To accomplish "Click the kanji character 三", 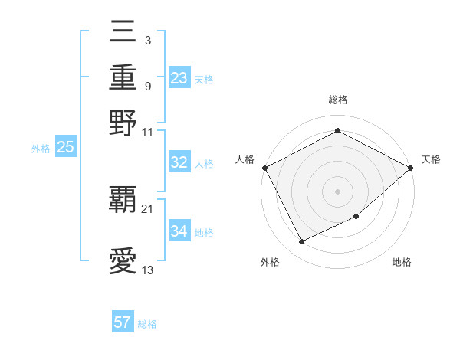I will (x=123, y=34).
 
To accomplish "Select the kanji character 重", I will (x=123, y=77).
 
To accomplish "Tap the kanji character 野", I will (x=123, y=121).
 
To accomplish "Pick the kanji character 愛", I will (x=123, y=260).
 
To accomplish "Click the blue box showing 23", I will (x=179, y=78).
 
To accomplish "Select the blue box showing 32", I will (x=179, y=162).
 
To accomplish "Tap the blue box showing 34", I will (x=179, y=231).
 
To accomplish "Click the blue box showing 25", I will (x=66, y=148).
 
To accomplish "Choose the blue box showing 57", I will (x=123, y=322).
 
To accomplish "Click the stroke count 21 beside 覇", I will (x=148, y=208).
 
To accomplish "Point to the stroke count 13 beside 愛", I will (x=148, y=270).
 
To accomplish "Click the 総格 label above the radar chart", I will (x=337, y=100).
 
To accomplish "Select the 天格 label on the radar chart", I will (x=432, y=159).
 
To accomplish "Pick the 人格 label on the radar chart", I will (x=245, y=159).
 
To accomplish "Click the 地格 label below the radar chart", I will (x=402, y=262).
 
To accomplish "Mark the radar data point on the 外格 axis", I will (x=301, y=242).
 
